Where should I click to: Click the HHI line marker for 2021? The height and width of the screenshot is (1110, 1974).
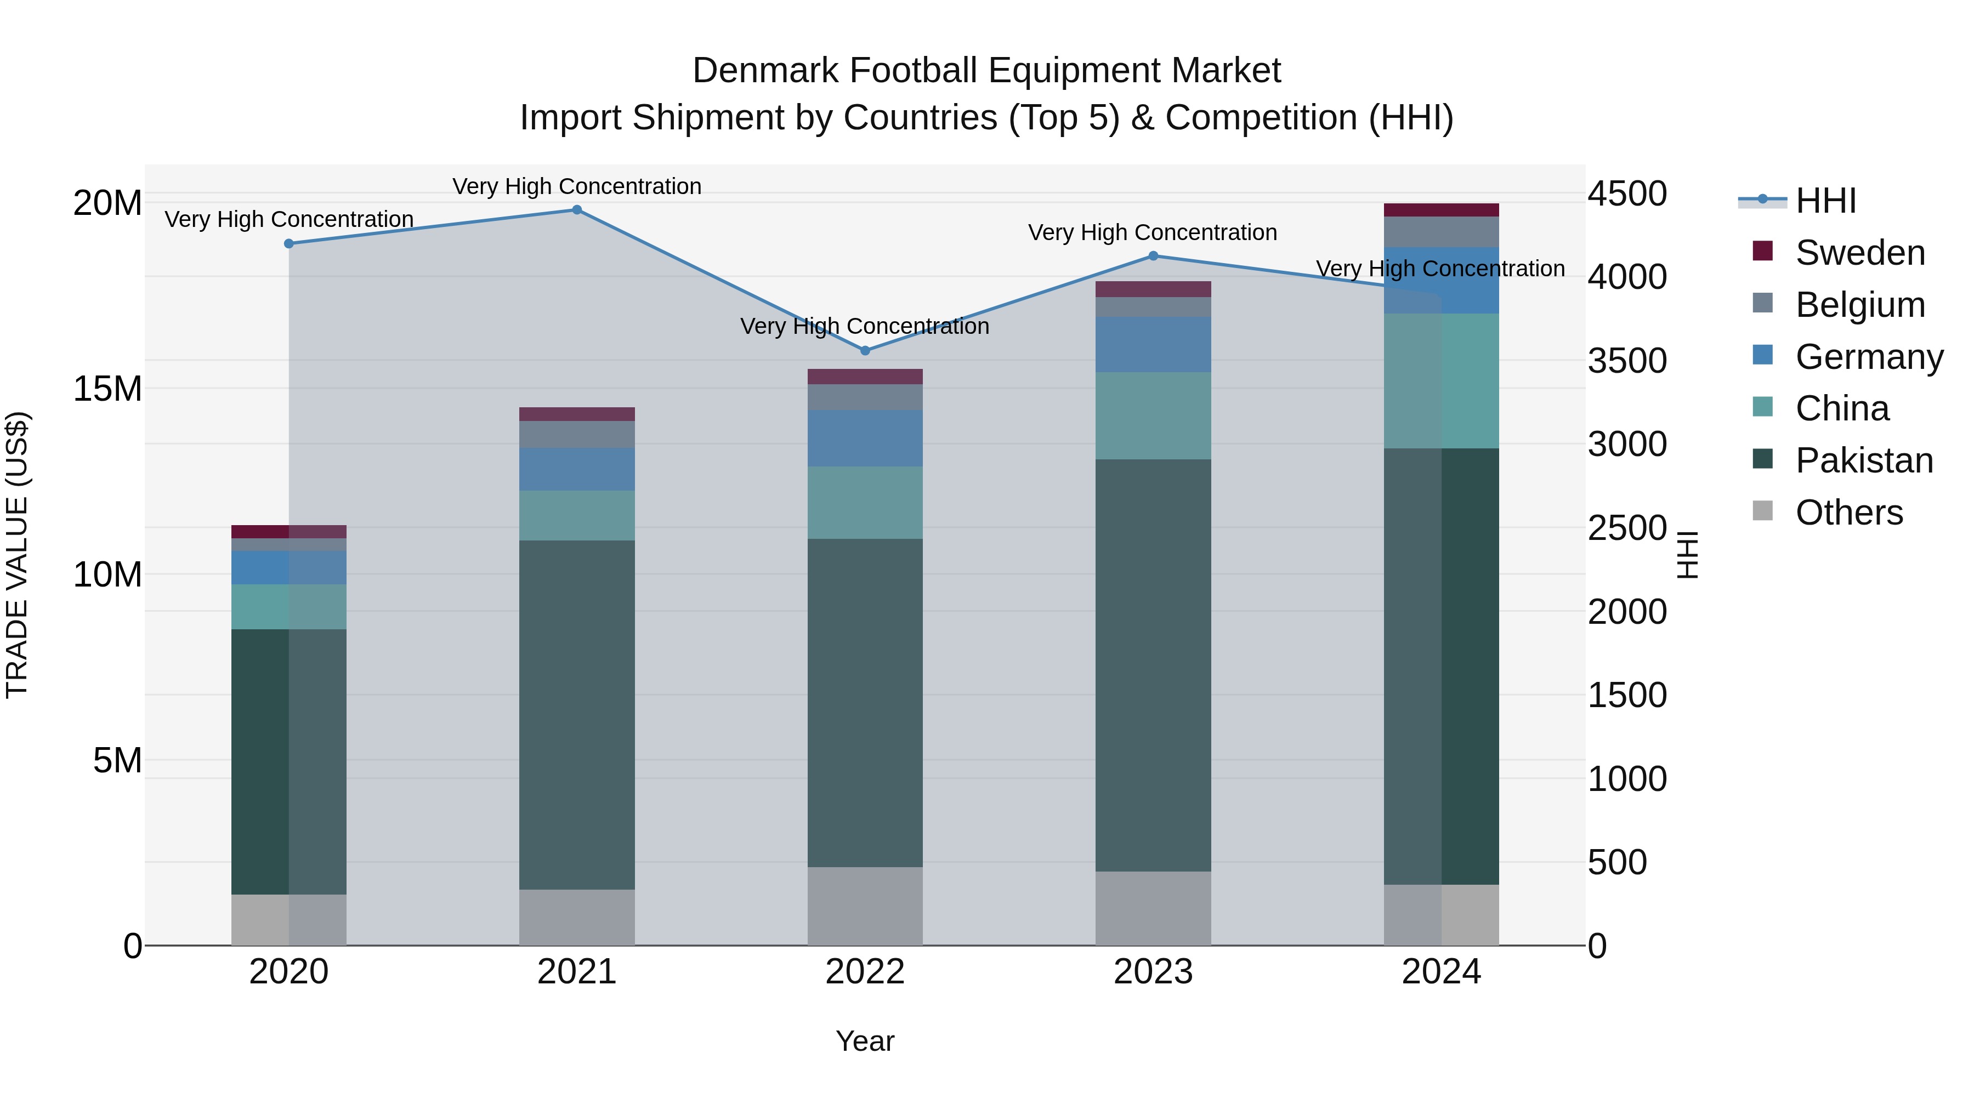coord(577,210)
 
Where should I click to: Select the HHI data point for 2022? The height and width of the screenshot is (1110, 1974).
coord(865,351)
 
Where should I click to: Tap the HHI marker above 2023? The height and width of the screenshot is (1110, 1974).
coord(1153,256)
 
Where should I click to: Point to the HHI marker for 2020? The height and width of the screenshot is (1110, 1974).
coord(289,243)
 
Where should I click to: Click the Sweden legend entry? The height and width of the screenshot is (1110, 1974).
coord(1860,253)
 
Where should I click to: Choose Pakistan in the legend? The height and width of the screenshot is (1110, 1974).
coord(1864,460)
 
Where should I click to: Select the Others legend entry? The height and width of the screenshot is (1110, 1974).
coord(1848,513)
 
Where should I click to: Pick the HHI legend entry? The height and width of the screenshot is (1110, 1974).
coord(1825,201)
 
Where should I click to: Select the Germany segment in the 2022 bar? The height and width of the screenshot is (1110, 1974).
coord(865,438)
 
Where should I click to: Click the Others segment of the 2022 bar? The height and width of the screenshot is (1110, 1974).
coord(865,906)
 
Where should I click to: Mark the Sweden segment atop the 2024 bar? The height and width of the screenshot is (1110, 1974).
coord(1442,210)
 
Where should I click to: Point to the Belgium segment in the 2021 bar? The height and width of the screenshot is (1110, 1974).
coord(577,434)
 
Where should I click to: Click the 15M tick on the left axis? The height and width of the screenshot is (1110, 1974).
coord(107,389)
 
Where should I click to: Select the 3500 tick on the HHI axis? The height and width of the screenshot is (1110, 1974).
coord(1627,361)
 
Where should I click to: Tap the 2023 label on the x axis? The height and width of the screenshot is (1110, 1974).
coord(1153,972)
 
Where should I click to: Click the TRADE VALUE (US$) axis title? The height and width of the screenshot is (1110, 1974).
coord(17,555)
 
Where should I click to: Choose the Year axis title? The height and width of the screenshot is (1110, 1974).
coord(865,1041)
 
